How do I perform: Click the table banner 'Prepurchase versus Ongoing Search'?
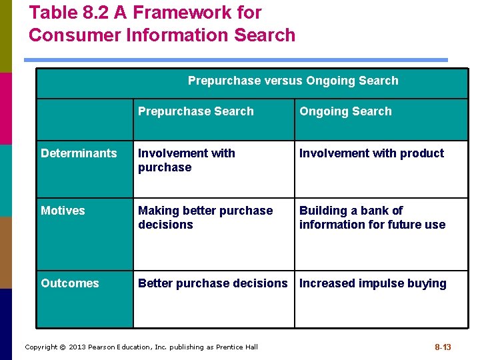(293, 81)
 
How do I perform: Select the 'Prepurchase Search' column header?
(195, 111)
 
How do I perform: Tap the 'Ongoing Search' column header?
(345, 111)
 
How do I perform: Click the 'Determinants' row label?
(79, 153)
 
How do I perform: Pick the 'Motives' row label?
(63, 211)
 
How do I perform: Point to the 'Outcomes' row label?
(69, 283)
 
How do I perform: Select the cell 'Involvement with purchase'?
(187, 160)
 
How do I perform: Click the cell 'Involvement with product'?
(371, 153)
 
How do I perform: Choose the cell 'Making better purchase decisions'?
(205, 217)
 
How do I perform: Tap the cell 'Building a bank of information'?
(372, 217)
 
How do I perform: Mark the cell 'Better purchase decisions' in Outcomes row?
(213, 283)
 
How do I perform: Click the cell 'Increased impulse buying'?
(373, 283)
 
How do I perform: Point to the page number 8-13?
(443, 347)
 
